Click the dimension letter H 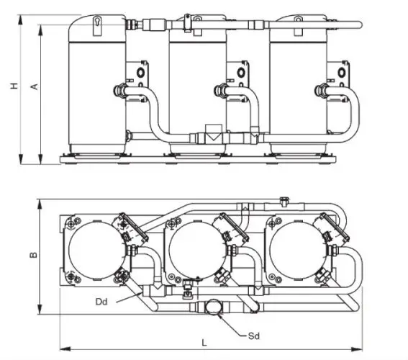pyautogui.click(x=13, y=86)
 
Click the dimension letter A pyautogui.click(x=32, y=86)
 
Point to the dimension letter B pyautogui.click(x=32, y=255)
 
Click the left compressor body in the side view pyautogui.click(x=94, y=83)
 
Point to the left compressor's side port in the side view pyautogui.click(x=119, y=91)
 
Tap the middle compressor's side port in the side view pyautogui.click(x=221, y=90)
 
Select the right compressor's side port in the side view pyautogui.click(x=322, y=90)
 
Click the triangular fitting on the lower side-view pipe pyautogui.click(x=212, y=135)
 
